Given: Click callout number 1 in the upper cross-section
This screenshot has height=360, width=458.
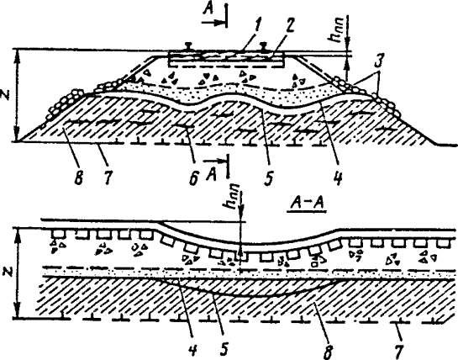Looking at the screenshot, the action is (256, 27).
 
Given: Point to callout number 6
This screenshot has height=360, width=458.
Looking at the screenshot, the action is (193, 177).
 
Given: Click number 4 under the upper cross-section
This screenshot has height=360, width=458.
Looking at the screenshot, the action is (337, 177).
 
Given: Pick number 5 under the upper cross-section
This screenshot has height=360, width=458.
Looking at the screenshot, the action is (268, 177).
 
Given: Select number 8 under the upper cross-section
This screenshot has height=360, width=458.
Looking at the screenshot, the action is (79, 177).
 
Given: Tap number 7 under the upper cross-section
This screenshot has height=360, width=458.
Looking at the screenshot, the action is (108, 177).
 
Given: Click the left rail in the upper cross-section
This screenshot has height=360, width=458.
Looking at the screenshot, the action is (187, 46).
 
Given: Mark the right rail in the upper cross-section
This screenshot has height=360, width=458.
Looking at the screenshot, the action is (264, 46).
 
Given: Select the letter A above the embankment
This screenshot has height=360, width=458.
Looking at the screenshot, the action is (208, 10).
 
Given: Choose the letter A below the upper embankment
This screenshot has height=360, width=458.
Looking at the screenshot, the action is (212, 176).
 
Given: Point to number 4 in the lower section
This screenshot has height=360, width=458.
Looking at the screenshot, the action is (192, 348).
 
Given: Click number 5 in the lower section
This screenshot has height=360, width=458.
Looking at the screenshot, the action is (224, 348).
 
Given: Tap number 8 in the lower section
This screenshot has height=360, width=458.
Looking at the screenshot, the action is (328, 351).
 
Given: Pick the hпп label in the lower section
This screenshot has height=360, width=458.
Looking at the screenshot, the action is (234, 197).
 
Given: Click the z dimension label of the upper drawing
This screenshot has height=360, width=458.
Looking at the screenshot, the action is (7, 95).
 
